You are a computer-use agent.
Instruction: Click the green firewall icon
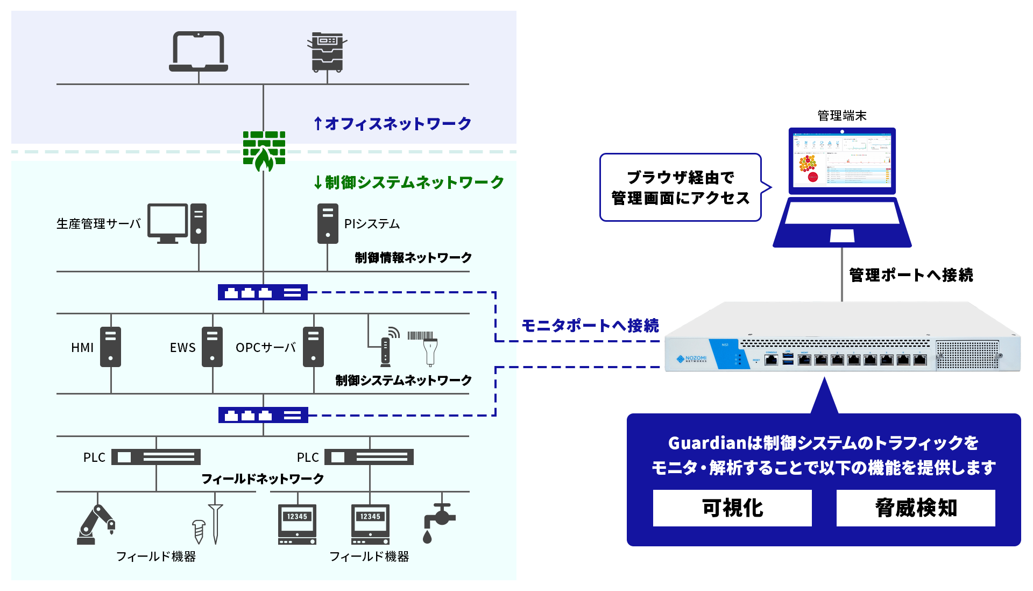[x=264, y=151]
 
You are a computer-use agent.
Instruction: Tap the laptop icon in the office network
[x=199, y=52]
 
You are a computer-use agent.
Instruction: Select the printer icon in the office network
[x=327, y=52]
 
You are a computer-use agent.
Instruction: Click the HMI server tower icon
[x=110, y=347]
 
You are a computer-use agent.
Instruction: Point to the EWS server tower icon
[x=212, y=347]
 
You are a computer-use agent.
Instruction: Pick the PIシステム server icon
[x=328, y=223]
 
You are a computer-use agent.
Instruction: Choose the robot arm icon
[x=96, y=525]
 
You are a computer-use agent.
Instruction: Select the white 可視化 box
[x=732, y=508]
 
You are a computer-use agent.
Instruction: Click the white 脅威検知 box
[x=916, y=508]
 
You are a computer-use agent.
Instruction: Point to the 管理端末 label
[x=842, y=116]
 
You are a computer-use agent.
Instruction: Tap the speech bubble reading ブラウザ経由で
[x=681, y=187]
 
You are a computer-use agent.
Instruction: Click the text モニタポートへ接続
[x=590, y=326]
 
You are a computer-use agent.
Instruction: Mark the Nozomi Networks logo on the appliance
[x=692, y=359]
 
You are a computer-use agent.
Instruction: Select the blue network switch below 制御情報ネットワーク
[x=263, y=292]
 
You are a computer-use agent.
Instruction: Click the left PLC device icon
[x=156, y=457]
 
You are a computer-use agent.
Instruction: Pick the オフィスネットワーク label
[x=393, y=124]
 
